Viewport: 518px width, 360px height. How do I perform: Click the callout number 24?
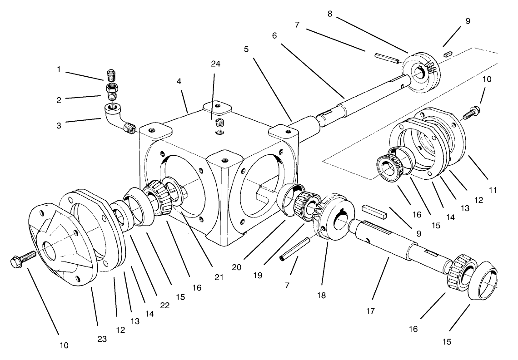[215, 64]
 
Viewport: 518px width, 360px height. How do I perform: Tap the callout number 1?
[59, 69]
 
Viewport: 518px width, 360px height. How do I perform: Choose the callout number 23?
[101, 339]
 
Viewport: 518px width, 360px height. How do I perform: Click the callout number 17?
[371, 312]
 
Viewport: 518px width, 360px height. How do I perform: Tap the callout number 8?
[330, 14]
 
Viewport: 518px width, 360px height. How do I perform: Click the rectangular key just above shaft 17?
[374, 211]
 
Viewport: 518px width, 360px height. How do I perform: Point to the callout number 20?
[236, 267]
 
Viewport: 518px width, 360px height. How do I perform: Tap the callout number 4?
[179, 81]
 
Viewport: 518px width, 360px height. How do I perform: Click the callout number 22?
[164, 306]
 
